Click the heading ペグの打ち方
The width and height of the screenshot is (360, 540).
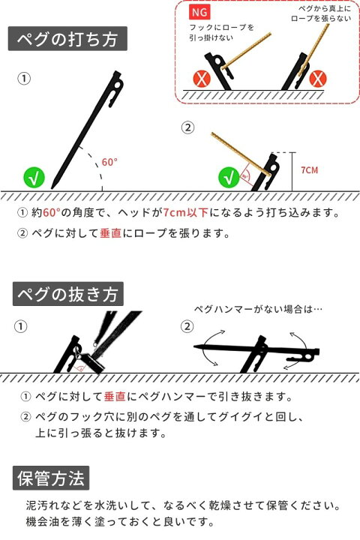67,38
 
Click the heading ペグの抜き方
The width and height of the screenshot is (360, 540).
67,294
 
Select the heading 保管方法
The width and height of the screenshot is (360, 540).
51,478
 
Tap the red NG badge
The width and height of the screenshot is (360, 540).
199,13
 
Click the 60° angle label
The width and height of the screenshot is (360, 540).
109,162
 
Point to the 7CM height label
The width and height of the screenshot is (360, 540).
309,170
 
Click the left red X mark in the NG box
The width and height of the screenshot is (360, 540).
202,79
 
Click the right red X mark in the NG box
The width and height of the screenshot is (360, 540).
318,79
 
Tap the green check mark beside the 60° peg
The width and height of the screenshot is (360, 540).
34,178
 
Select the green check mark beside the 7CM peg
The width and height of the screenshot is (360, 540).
229,178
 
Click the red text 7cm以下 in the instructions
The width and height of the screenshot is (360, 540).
186,212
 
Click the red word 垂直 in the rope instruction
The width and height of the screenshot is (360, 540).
110,233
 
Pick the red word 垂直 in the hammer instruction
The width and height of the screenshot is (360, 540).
115,397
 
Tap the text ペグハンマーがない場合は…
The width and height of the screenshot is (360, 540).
258,309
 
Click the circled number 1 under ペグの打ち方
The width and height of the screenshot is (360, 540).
24,79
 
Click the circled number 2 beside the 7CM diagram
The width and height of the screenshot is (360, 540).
187,127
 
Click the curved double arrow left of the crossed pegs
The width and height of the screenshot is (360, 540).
208,349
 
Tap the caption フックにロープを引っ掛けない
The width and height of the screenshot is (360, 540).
221,32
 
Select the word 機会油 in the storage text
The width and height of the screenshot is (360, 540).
42,521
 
